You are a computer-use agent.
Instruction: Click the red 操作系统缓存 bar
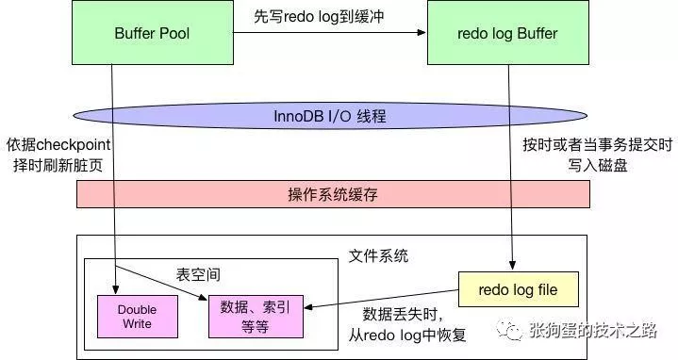click(333, 194)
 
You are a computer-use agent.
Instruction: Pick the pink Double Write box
click(138, 317)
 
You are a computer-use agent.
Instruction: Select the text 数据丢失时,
click(403, 314)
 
